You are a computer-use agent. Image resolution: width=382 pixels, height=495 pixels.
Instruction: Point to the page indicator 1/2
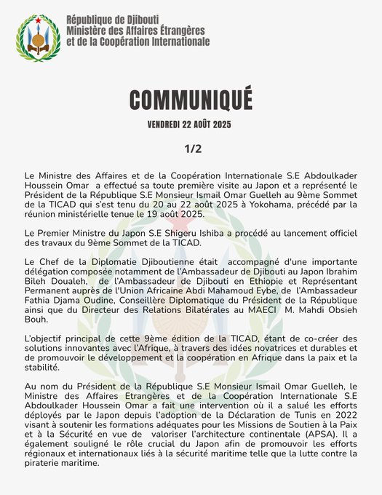point(191,148)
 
